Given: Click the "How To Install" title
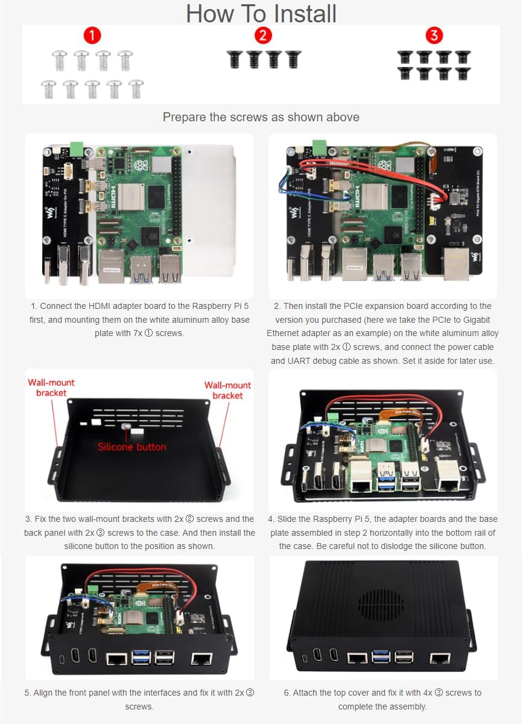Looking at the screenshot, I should click(261, 13).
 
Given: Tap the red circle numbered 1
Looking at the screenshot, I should click(92, 36).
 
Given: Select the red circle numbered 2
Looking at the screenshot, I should click(263, 36).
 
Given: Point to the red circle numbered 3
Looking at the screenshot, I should click(434, 36).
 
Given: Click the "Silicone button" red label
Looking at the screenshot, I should click(132, 447).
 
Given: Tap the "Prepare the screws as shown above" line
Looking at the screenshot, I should click(261, 117).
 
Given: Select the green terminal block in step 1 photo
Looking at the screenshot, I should click(77, 148).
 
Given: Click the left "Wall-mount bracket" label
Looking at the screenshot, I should click(51, 388).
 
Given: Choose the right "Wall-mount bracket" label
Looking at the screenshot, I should click(227, 390).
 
